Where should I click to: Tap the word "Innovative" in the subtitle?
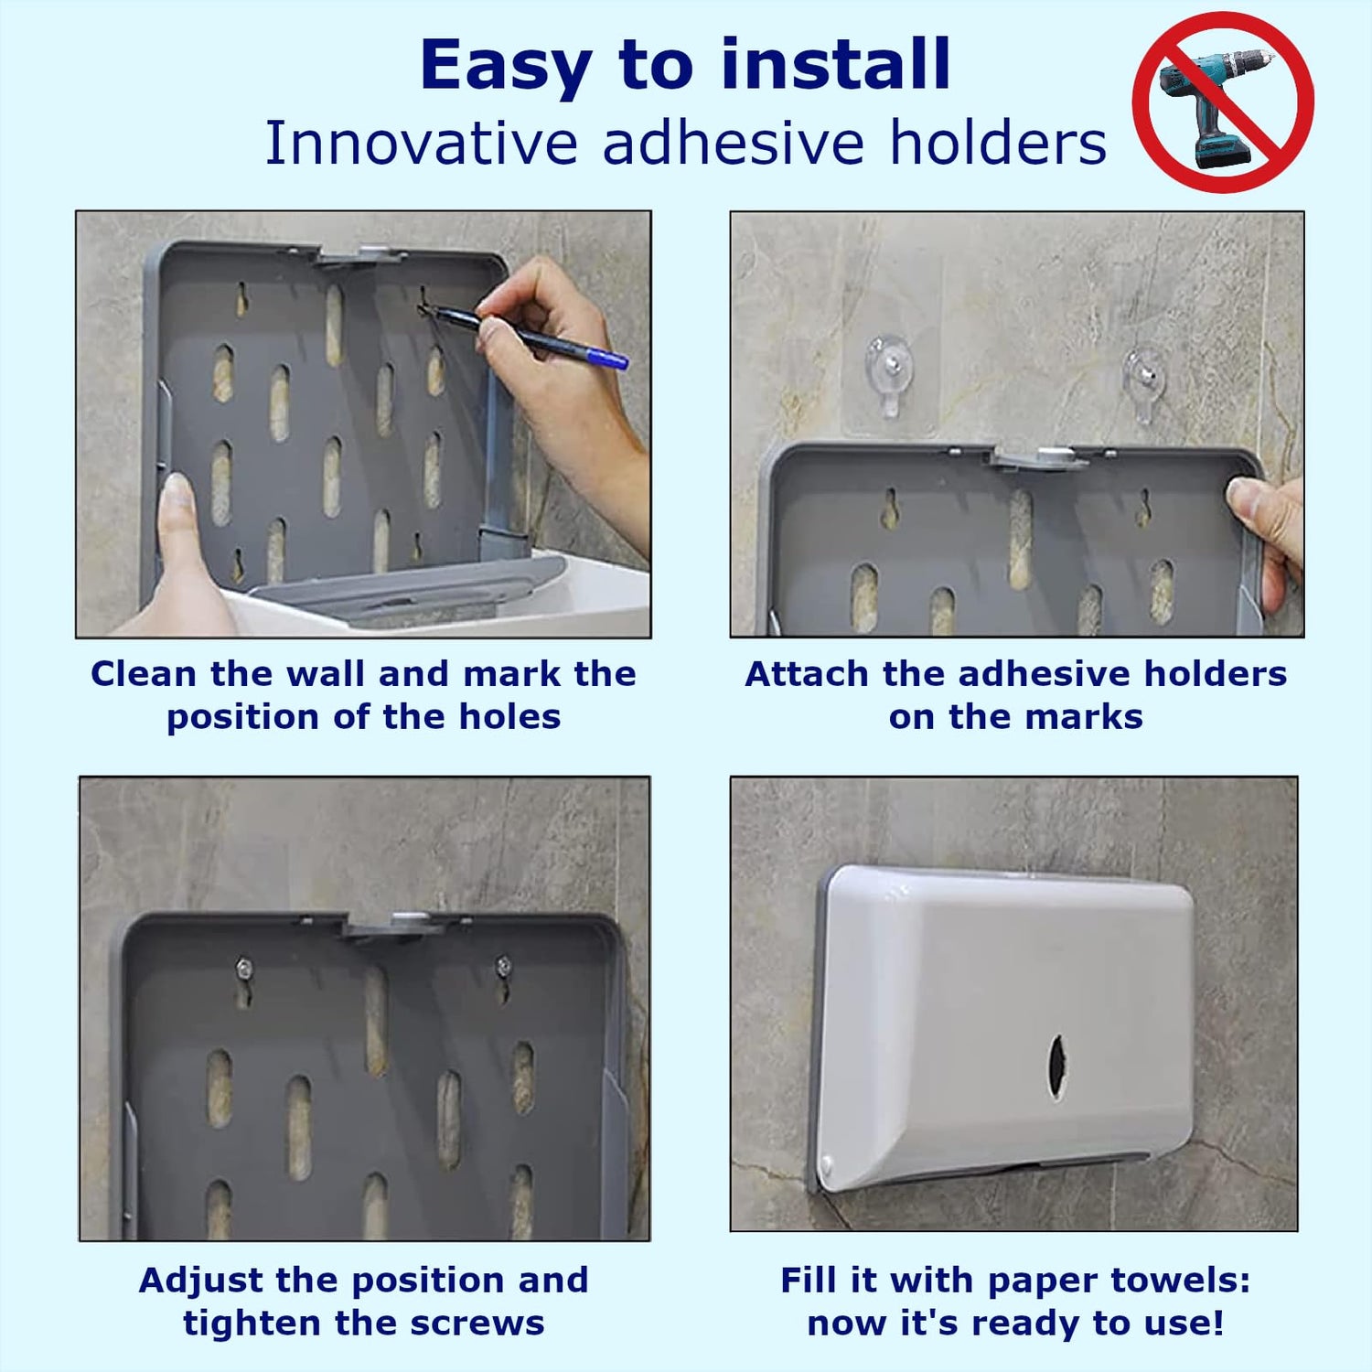421,144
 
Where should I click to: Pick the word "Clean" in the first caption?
144,674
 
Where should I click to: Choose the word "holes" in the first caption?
509,717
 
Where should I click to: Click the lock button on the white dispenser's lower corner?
828,1166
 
